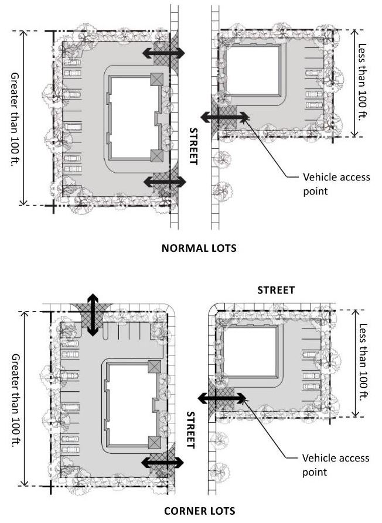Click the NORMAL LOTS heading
pos(199,248)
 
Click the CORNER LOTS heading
pos(200,511)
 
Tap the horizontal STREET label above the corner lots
pos(276,290)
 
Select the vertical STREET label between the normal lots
pos(193,146)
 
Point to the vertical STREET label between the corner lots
pos(190,430)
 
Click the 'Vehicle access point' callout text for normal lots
pos(336,184)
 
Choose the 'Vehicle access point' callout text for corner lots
pos(336,465)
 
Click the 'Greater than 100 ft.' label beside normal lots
pos(15,119)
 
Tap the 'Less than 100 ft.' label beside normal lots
pos(362,82)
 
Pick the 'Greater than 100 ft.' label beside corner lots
pos(16,400)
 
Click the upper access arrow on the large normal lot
pos(163,52)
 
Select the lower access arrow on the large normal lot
pos(165,182)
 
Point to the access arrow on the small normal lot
pos(224,117)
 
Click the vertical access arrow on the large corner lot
pos(93,315)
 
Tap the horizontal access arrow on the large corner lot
pos(162,463)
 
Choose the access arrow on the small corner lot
pos(221,398)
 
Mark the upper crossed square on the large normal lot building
pos(156,80)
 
